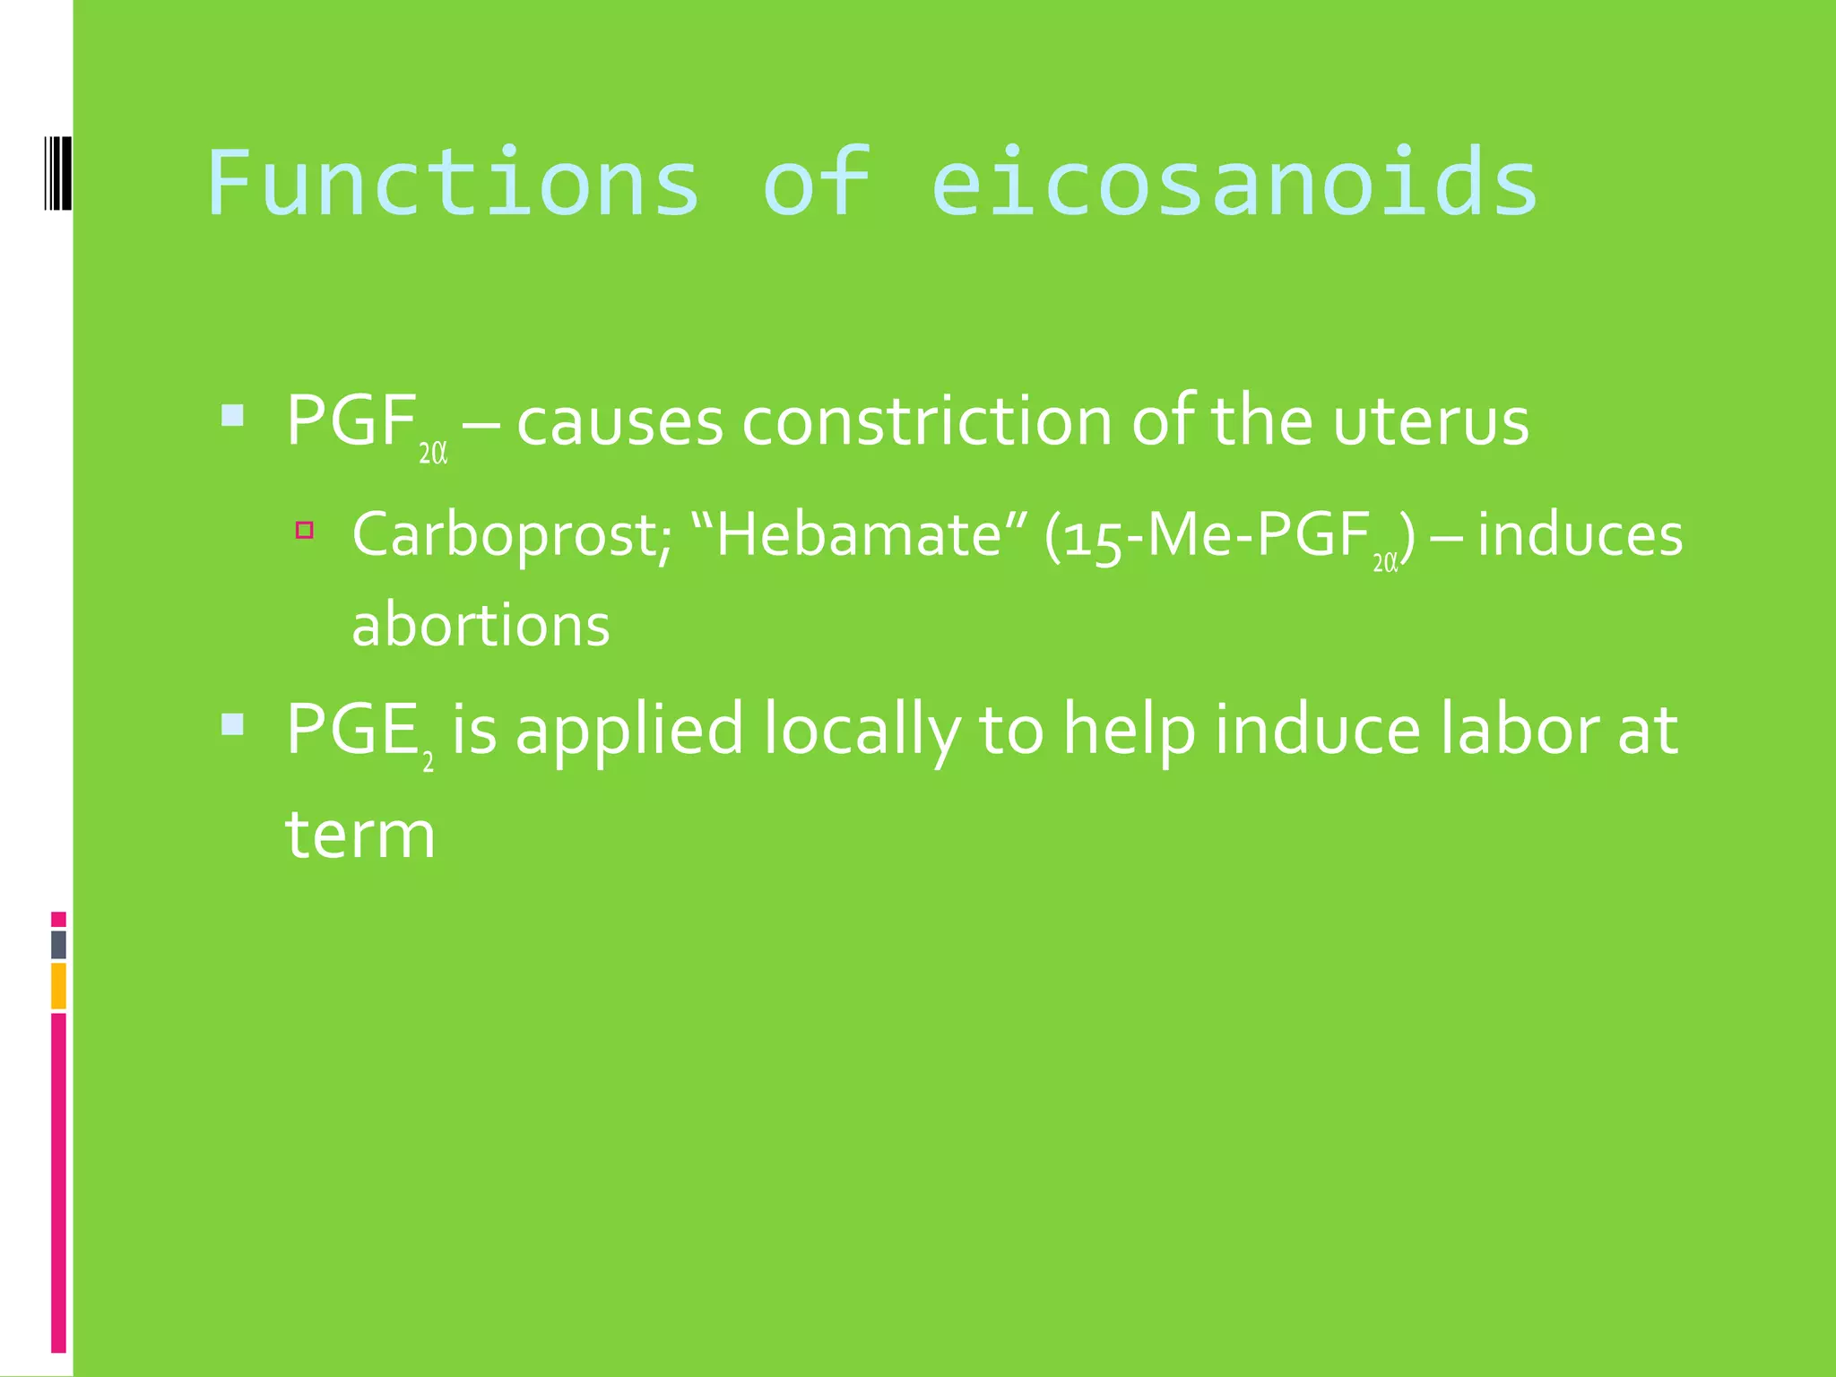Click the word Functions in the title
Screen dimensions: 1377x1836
tap(453, 184)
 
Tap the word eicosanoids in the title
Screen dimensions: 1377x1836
tap(1234, 184)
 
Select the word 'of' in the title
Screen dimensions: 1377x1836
tap(817, 184)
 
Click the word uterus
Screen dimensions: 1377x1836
tap(1431, 421)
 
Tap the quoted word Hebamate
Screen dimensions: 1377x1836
tap(858, 535)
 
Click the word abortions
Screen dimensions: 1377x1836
tap(481, 625)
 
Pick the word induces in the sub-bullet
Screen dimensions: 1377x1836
tap(1580, 535)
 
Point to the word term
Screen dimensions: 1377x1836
tap(360, 835)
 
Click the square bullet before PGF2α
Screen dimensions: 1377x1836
tap(232, 415)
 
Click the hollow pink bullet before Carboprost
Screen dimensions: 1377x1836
tap(305, 530)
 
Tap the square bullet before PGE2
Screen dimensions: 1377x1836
tap(232, 723)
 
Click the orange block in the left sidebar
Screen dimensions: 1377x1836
tap(58, 985)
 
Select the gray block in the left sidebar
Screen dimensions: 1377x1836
tap(58, 945)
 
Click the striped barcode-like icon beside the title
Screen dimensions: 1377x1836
tap(57, 173)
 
